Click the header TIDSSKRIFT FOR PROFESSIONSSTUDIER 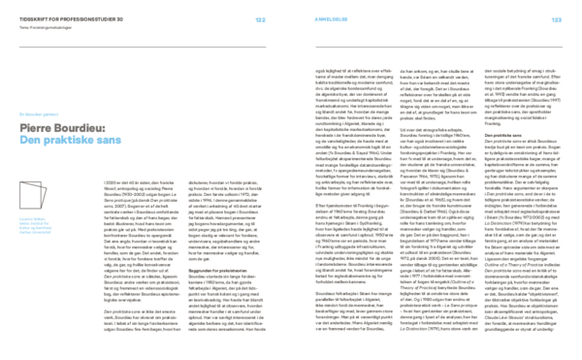57,18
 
